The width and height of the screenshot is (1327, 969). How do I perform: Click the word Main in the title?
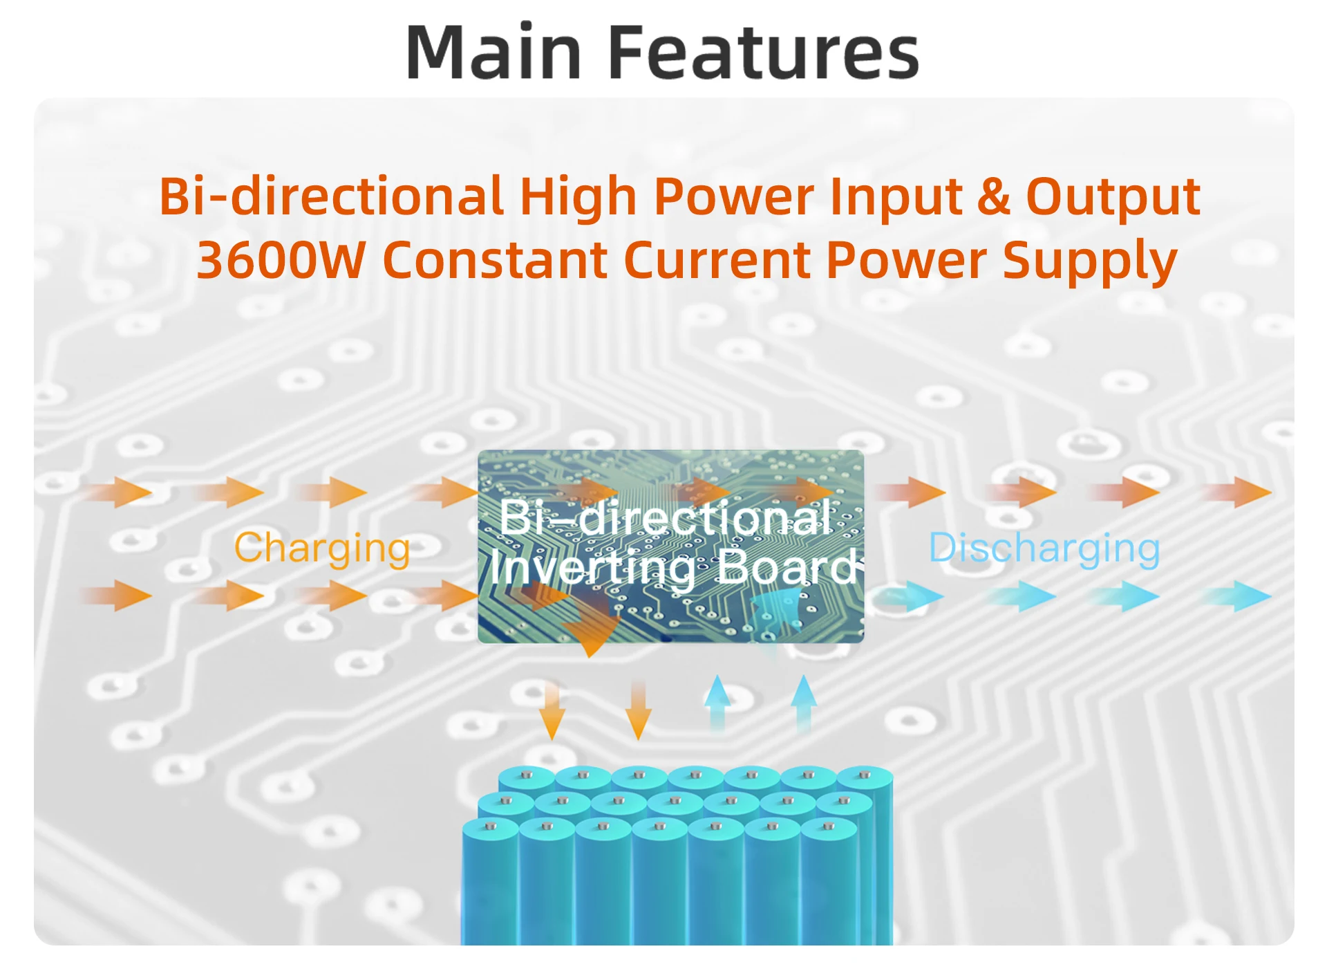pos(494,52)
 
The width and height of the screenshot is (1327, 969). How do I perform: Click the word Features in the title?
pos(764,52)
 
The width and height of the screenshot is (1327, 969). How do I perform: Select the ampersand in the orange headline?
pos(993,196)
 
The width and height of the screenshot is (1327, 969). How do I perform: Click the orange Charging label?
pos(322,549)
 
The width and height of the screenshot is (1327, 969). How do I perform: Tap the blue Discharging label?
pos(1044,549)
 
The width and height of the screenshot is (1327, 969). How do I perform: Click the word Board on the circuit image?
pos(789,567)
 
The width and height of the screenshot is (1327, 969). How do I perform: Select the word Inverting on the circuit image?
pos(593,569)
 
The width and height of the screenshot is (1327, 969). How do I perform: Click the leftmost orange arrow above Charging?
pos(115,492)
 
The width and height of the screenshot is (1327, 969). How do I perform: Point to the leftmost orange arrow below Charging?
pos(115,596)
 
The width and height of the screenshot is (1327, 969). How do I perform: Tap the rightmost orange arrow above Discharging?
pos(1236,492)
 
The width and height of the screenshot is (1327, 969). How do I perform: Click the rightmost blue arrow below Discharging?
pos(1236,596)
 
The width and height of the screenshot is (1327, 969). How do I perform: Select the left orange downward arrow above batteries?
pos(552,709)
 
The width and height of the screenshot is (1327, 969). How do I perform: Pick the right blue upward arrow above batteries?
pos(804,704)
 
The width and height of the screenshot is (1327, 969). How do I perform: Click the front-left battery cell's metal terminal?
pos(491,826)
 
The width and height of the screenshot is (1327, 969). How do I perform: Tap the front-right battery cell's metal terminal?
pos(828,826)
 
